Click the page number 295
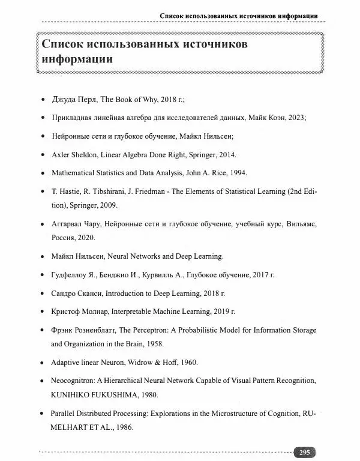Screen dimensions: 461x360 [305, 453]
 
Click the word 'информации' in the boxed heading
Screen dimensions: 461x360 [74, 60]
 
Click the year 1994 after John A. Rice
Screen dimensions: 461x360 [238, 173]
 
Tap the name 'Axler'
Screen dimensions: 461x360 [62, 155]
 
